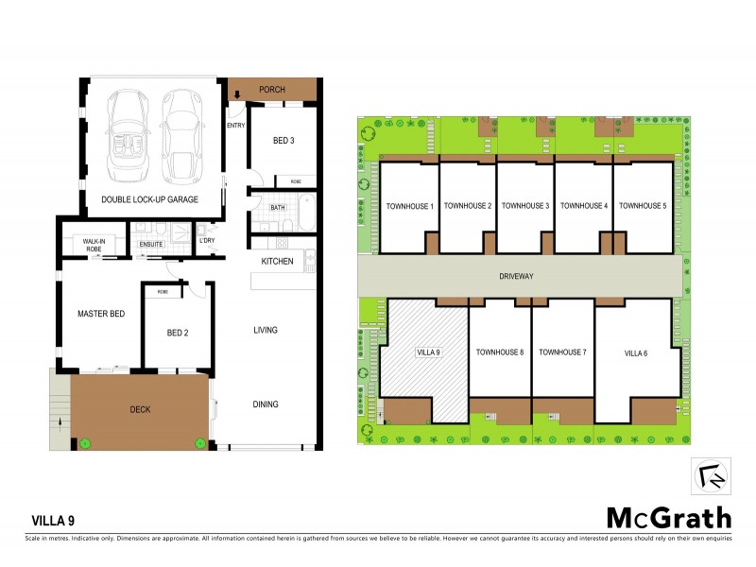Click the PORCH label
click(x=272, y=90)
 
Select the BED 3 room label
click(x=284, y=141)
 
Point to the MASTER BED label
click(x=101, y=313)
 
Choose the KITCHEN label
click(x=277, y=262)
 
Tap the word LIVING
click(x=266, y=330)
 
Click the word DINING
click(x=266, y=404)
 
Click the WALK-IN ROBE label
click(x=93, y=243)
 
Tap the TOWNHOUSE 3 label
click(x=524, y=205)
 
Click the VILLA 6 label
click(x=636, y=352)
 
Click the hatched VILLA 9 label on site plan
click(x=429, y=352)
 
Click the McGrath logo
click(x=668, y=517)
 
